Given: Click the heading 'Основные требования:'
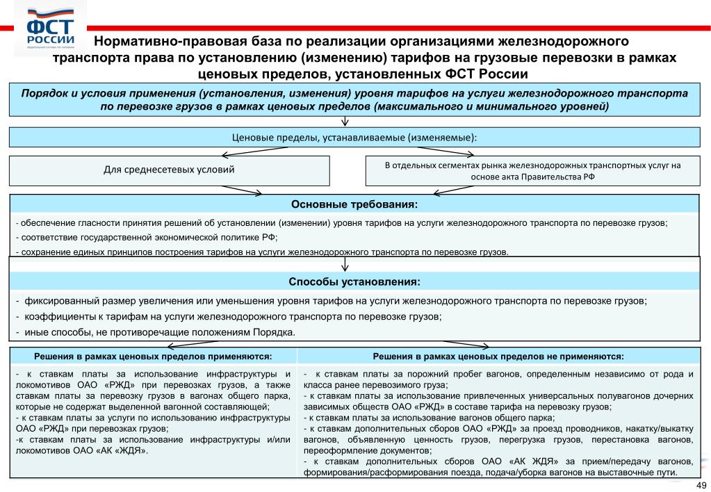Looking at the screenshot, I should (x=354, y=204).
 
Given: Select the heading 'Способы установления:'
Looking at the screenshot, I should (x=354, y=282).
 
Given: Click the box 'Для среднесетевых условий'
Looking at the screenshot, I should (x=169, y=170).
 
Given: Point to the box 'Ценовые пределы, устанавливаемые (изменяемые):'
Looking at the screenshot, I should (x=354, y=137).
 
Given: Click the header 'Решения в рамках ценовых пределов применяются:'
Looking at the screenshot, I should (x=154, y=356).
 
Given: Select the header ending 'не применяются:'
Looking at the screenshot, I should (x=498, y=356).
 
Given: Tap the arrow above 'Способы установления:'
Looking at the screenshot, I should (x=345, y=265).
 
